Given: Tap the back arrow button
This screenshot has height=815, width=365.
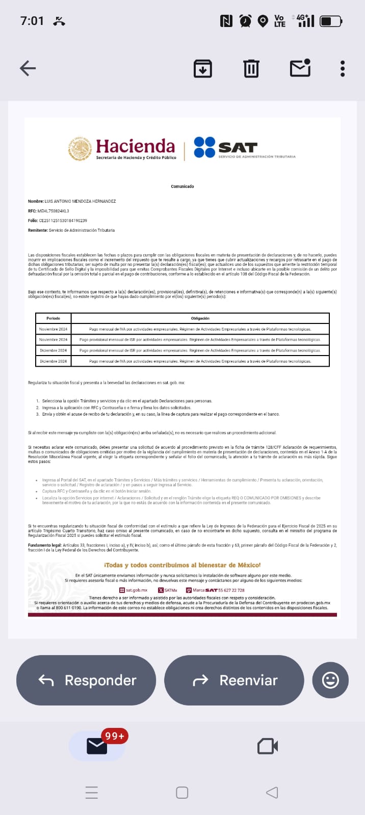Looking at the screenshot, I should (28, 68).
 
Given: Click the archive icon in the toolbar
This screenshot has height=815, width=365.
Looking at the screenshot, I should (202, 69).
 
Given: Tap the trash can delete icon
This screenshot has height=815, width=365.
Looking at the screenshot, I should (251, 69).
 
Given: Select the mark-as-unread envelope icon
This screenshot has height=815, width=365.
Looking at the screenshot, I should (300, 68).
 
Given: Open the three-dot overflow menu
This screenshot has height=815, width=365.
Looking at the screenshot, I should (343, 69).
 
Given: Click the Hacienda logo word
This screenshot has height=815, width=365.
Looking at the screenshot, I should (135, 147).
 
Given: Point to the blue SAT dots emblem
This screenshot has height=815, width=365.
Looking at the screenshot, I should (204, 147).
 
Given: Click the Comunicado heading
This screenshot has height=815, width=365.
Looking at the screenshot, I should (182, 186).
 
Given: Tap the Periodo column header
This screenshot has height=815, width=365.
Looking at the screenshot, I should (53, 318).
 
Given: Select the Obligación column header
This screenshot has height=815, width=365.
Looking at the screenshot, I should (200, 318).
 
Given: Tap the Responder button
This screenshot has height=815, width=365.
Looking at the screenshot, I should (86, 680).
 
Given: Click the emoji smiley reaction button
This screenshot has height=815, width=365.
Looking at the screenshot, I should (330, 680).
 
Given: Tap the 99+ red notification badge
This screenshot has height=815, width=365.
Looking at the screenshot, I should (115, 736).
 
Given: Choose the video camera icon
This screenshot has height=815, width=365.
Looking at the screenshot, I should (268, 747).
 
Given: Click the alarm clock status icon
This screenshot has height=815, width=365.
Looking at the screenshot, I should (245, 21).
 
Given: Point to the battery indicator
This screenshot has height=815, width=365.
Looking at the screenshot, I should (331, 21).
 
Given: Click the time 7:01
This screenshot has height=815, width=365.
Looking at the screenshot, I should (32, 21).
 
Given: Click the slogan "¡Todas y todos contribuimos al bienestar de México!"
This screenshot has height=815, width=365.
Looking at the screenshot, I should (182, 565).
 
